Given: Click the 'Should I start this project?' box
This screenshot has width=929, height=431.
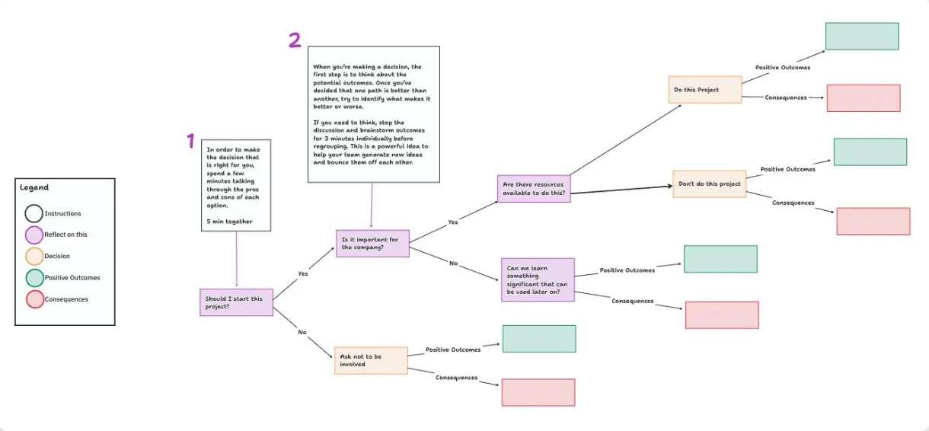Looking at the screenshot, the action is [x=236, y=302].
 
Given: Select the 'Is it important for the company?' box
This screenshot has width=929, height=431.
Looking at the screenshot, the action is [x=372, y=244].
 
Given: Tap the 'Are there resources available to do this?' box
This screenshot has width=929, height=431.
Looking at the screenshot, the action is [x=534, y=188].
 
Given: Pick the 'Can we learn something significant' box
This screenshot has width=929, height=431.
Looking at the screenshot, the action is [x=538, y=279].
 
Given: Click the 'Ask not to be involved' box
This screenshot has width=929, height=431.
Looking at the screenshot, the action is [x=371, y=360].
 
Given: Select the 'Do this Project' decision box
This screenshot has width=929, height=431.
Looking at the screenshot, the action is [x=705, y=90].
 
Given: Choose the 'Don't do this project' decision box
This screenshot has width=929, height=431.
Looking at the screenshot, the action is [x=710, y=184].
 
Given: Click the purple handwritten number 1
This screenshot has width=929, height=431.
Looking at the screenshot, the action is [x=191, y=141].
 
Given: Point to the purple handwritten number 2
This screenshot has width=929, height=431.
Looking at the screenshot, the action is [x=295, y=40].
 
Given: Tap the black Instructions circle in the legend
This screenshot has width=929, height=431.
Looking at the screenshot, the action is [x=34, y=214].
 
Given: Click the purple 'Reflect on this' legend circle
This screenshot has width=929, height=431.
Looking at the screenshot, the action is [x=34, y=235].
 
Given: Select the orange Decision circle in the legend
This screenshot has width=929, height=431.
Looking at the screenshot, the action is [x=34, y=257].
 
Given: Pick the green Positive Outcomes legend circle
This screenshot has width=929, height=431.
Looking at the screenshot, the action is [x=35, y=278].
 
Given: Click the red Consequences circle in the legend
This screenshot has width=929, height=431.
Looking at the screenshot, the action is [x=35, y=299].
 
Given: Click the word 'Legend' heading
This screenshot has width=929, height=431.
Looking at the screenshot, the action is [x=34, y=187].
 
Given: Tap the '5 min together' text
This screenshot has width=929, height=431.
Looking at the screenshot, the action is [x=229, y=222].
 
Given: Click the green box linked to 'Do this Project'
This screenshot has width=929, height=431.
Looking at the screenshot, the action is [x=862, y=37].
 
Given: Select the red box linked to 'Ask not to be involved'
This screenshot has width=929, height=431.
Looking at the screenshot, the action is [x=538, y=392].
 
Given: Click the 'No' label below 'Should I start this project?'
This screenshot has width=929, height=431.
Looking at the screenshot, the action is [x=302, y=332].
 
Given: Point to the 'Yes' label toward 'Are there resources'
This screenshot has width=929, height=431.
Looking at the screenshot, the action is [x=453, y=222].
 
